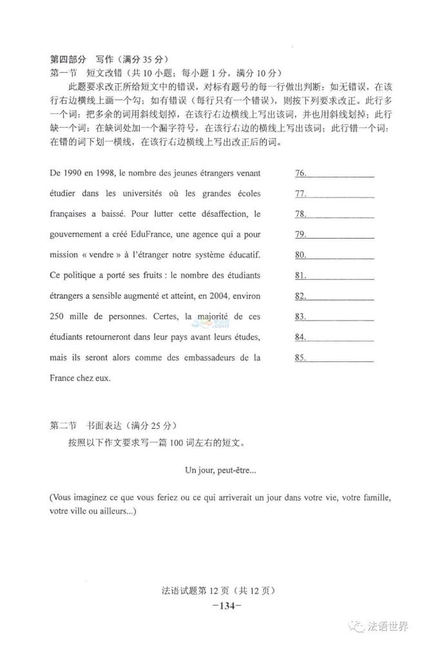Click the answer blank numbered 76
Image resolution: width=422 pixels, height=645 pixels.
335,174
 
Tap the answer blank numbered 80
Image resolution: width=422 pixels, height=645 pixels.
335,255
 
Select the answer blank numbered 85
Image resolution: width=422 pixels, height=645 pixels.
335,357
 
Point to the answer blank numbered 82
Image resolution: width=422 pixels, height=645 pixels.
335,295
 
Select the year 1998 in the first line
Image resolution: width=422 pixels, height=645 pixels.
107,174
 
